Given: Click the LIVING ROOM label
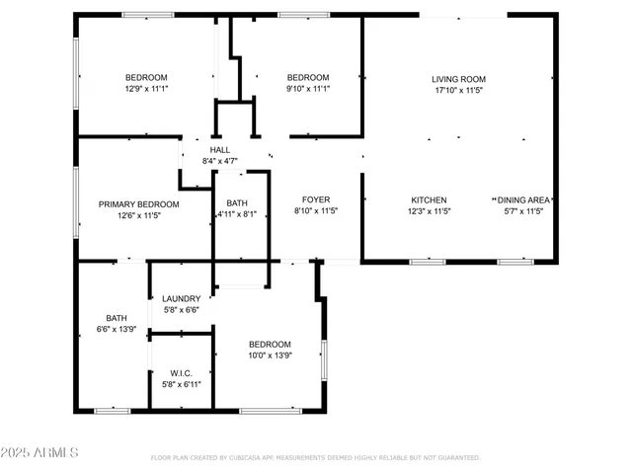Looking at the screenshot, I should point(458,79).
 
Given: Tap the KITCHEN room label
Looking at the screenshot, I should point(429,199).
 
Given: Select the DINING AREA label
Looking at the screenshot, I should point(523,199).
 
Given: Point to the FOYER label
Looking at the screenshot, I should point(316,199).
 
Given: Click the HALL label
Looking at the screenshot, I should point(219,150).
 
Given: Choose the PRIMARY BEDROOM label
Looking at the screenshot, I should point(138,204).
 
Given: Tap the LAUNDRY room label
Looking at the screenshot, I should point(182,298).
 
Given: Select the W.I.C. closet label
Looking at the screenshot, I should point(182,373).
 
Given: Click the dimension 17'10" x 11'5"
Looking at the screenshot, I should point(458,90).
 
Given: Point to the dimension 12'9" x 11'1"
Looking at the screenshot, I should point(146,89).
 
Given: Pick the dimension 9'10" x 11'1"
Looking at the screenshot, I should point(307,89).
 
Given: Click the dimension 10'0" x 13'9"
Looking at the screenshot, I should point(270,355).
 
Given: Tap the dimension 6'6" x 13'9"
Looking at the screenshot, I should point(117,329).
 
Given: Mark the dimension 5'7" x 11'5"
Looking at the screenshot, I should point(523,211).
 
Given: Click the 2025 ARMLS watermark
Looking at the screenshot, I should point(40,452).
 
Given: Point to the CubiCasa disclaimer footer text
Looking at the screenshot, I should point(315,458).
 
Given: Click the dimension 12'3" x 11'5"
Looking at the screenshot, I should point(429,211).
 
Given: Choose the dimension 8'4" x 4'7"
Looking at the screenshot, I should point(219,161).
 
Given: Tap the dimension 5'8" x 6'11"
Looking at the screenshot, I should point(182,384).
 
